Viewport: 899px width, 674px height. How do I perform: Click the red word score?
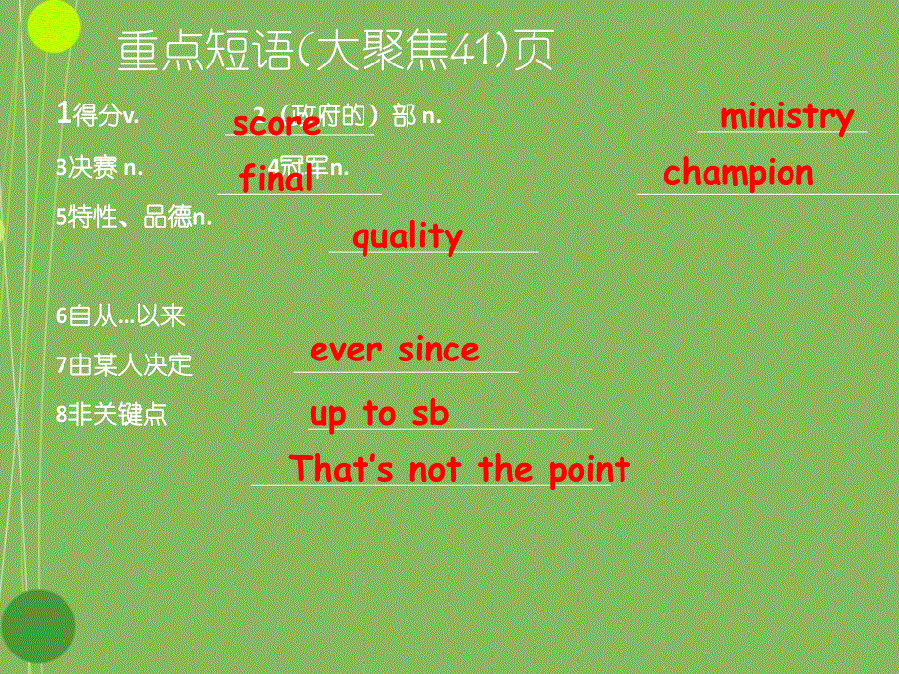(276, 124)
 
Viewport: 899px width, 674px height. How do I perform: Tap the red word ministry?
(787, 116)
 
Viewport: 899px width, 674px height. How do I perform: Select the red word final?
(277, 179)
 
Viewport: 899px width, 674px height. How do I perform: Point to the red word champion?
(738, 174)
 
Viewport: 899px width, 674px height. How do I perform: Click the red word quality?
(407, 237)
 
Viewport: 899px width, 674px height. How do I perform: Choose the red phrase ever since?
(394, 350)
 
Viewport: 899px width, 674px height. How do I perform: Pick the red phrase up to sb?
(378, 414)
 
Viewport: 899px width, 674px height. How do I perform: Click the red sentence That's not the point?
(459, 469)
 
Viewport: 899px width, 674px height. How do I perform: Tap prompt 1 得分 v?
(98, 115)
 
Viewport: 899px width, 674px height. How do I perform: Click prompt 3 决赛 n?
(100, 168)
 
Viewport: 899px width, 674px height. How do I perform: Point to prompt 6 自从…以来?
(120, 316)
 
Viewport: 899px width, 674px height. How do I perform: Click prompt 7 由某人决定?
(124, 365)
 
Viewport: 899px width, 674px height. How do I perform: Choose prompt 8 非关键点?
(111, 414)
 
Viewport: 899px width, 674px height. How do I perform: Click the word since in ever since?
(438, 350)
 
